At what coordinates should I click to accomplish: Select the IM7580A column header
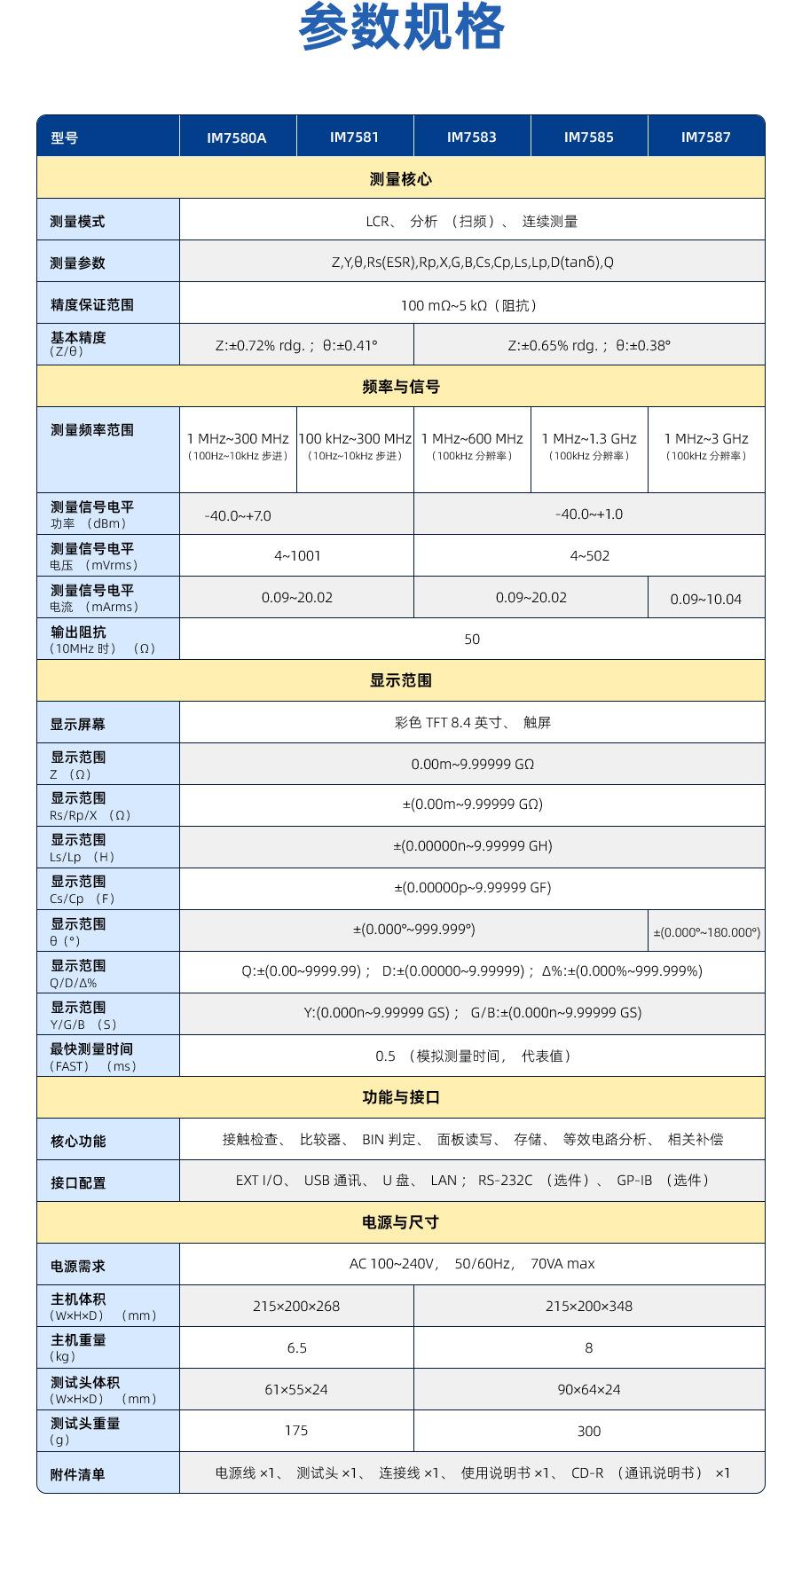237,137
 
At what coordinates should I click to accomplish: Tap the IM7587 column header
705,137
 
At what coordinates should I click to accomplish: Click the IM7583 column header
471,137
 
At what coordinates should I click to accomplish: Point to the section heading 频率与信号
401,387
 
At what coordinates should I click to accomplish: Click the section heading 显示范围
401,680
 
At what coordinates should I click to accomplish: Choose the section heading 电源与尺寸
401,1222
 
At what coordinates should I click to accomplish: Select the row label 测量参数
78,263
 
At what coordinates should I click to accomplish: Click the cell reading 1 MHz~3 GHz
706,439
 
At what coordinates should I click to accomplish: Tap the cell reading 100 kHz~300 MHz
355,439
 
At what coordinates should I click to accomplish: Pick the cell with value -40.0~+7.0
238,515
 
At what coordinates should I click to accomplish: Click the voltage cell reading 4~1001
297,556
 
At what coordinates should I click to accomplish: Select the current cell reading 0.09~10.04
706,600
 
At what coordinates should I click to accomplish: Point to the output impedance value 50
472,640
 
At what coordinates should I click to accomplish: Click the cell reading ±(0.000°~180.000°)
707,932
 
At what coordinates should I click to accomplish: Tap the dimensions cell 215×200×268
296,1307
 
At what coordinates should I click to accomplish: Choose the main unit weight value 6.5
296,1348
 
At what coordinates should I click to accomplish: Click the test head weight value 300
589,1432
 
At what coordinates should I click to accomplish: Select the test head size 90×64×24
589,1390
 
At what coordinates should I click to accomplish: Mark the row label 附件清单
78,1474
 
